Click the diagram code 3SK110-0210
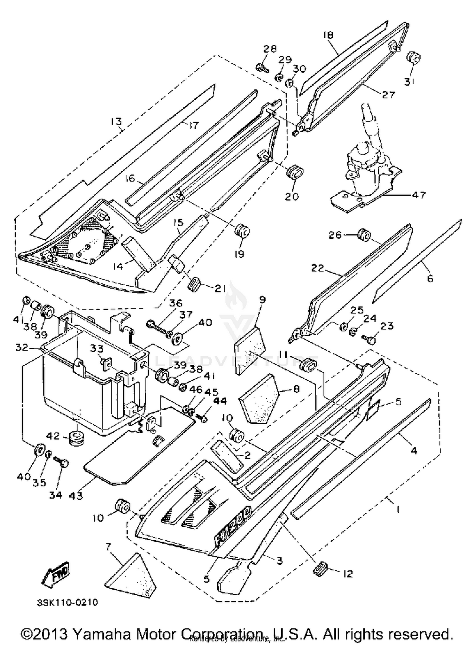(x=67, y=602)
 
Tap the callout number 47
(x=419, y=194)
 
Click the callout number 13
(x=116, y=121)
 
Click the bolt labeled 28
(x=261, y=67)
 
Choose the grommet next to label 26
(x=364, y=235)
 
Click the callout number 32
(x=22, y=348)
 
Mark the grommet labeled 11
(x=308, y=365)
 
